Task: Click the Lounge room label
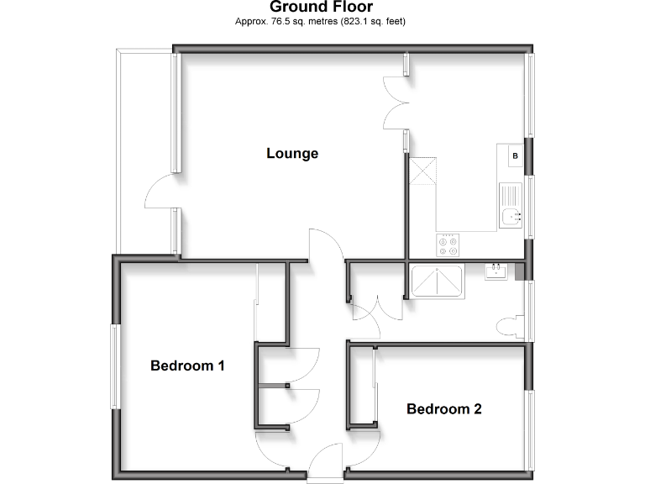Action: (292, 154)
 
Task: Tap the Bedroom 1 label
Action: (187, 366)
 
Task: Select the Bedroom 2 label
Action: (443, 409)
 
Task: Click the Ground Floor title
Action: (322, 8)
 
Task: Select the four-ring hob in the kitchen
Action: (448, 245)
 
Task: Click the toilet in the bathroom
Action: (509, 327)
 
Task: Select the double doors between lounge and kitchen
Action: (395, 103)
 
